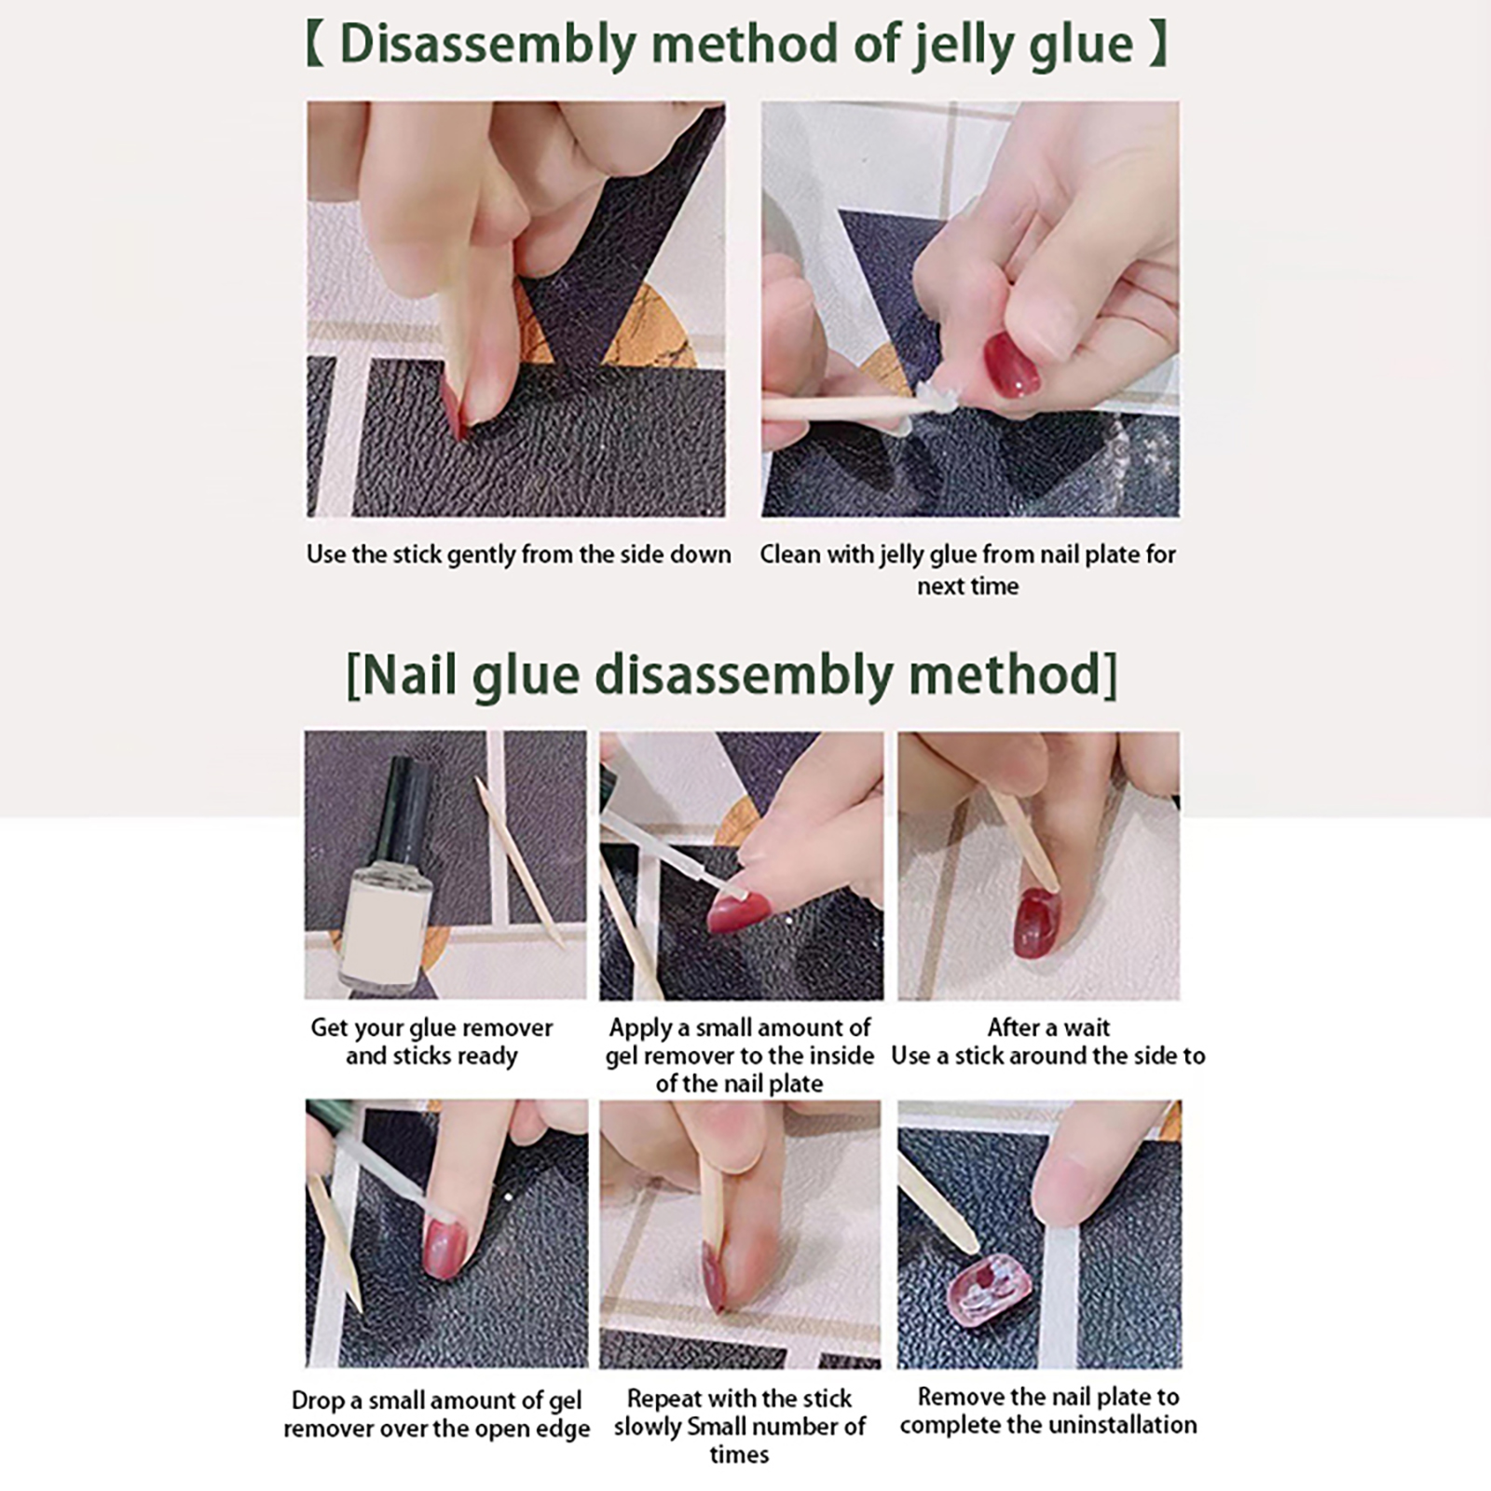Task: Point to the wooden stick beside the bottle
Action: [519, 862]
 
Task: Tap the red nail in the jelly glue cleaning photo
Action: [1012, 363]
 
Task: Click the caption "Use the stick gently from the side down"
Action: [518, 554]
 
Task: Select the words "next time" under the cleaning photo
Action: [967, 586]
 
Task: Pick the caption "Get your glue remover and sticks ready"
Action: [431, 1042]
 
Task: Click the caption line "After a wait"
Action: [1048, 1028]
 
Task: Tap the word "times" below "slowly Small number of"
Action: [739, 1455]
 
